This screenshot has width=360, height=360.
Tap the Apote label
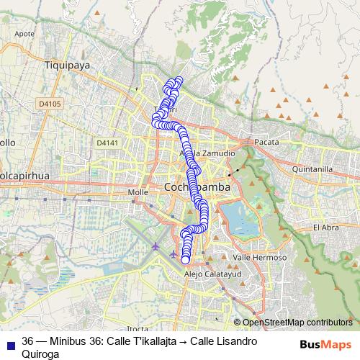[24, 54]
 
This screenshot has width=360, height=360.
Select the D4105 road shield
[49, 104]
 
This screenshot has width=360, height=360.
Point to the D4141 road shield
[106, 143]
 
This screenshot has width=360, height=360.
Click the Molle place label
[137, 192]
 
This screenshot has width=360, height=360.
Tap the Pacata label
[266, 143]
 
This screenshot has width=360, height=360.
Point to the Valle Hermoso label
[260, 257]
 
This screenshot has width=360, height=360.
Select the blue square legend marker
[9, 342]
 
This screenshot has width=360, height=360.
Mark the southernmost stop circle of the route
[186, 260]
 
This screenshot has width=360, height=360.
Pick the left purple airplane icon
[157, 248]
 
